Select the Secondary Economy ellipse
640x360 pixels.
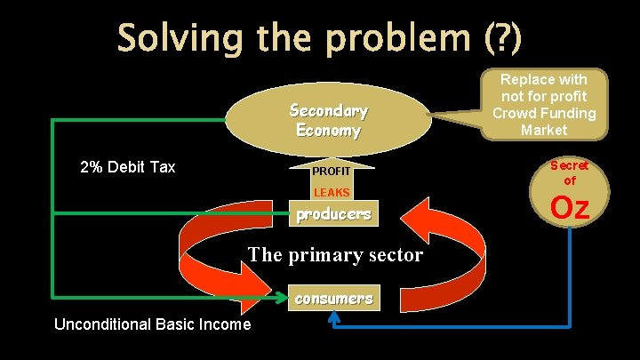[328, 121]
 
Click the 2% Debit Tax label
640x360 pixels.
[128, 167]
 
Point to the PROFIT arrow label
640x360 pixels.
[332, 170]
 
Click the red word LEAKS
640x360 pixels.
[332, 192]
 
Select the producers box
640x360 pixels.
[332, 214]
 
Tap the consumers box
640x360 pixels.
[333, 299]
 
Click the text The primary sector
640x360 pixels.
[335, 255]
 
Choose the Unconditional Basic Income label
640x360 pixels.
[152, 324]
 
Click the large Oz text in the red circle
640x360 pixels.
[570, 208]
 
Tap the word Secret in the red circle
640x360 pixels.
[570, 165]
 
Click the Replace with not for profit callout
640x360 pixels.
[544, 104]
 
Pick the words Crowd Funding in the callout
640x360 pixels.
[544, 113]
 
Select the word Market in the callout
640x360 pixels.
[544, 130]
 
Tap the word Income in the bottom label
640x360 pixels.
[222, 324]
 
